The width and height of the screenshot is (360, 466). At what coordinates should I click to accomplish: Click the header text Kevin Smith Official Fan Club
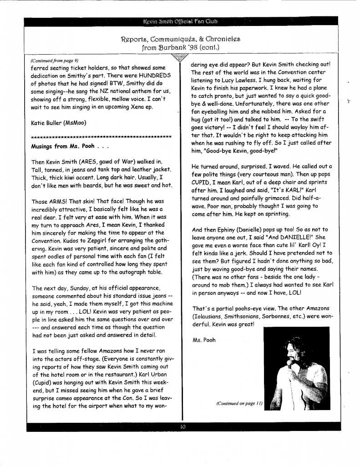(180, 21)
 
